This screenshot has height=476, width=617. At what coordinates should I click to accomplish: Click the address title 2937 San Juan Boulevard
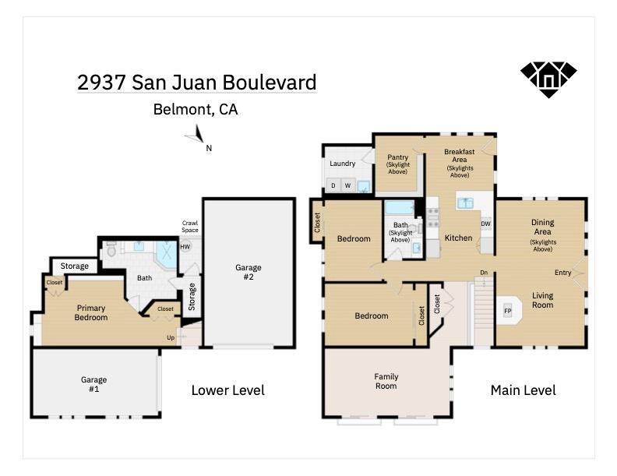(x=196, y=83)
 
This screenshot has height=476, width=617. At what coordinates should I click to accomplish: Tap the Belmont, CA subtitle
(x=196, y=110)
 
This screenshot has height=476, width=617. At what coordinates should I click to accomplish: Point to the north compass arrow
(x=195, y=139)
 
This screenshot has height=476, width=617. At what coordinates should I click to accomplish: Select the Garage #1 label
(x=93, y=384)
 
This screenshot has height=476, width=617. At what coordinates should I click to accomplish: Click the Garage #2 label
(x=249, y=272)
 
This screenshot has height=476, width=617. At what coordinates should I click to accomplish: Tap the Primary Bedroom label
(x=90, y=312)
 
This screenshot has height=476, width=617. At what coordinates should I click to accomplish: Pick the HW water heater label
(x=185, y=247)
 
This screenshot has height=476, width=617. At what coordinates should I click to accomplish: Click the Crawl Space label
(x=190, y=226)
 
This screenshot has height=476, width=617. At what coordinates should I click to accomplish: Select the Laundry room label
(x=342, y=164)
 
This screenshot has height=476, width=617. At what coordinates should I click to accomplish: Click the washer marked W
(x=348, y=185)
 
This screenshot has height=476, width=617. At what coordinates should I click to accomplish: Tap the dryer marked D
(x=333, y=185)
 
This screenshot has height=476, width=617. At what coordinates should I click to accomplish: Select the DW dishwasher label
(x=485, y=224)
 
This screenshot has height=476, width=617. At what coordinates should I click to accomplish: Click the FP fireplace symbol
(x=508, y=311)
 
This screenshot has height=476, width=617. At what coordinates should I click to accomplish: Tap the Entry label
(x=562, y=273)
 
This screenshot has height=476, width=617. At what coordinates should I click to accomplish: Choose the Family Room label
(x=386, y=381)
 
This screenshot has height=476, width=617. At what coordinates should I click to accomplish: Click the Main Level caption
(x=523, y=390)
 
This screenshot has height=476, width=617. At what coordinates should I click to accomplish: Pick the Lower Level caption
(x=227, y=390)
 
